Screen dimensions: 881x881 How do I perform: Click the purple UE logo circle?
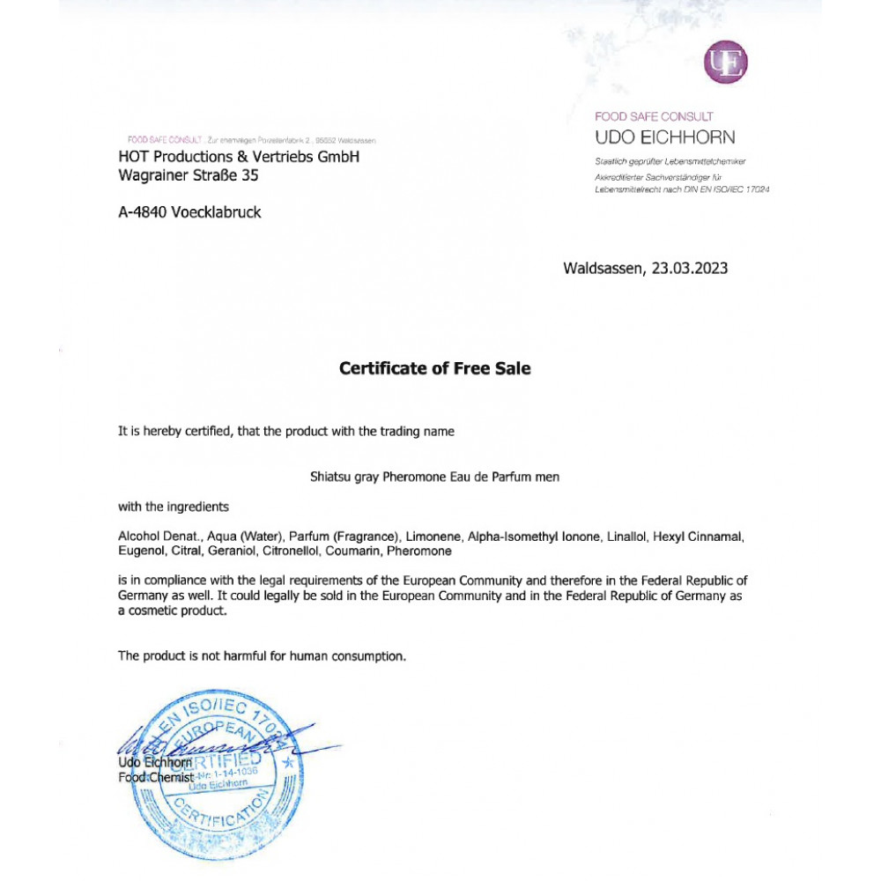click(x=726, y=63)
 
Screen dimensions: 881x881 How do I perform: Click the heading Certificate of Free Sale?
click(x=435, y=369)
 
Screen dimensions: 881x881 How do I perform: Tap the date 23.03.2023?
click(x=690, y=269)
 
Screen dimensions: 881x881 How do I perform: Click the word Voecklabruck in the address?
click(x=222, y=212)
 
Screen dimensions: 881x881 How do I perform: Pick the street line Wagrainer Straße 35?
click(x=189, y=175)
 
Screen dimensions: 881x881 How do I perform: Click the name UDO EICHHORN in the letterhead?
click(x=664, y=137)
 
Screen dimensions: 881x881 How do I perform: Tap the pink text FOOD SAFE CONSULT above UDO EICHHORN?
click(x=654, y=116)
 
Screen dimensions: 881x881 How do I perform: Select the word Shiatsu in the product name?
click(x=330, y=477)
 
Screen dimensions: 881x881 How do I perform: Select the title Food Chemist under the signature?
click(x=155, y=777)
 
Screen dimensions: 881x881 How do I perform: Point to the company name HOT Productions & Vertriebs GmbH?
click(x=239, y=157)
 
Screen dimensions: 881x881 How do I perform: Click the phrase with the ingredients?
click(x=174, y=507)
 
